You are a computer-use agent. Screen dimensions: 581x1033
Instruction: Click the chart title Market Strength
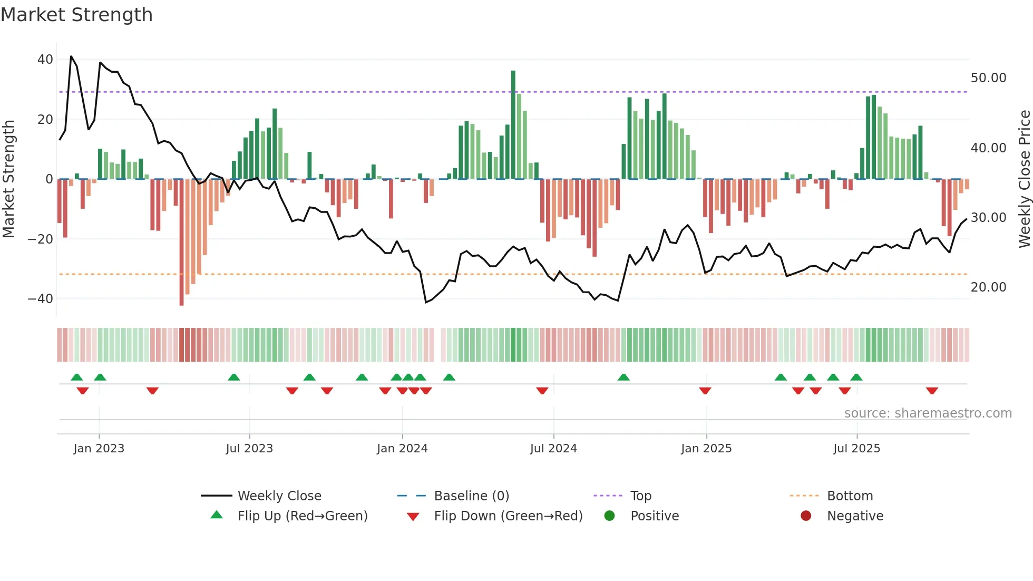point(76,15)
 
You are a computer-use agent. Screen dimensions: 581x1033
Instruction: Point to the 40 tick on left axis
point(45,60)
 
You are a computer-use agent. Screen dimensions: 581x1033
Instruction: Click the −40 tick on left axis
point(41,299)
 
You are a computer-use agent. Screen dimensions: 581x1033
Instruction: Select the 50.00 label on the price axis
point(988,78)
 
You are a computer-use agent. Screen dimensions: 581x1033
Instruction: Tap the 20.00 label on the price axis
point(988,287)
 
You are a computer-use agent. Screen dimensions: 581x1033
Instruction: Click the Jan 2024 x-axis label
point(402,449)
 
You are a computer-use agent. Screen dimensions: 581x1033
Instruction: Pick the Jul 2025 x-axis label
point(856,449)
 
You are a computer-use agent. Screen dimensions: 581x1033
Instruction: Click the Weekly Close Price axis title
point(1024,179)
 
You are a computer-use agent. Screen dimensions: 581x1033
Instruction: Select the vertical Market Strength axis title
point(8,179)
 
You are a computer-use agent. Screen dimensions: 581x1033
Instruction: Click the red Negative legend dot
point(806,516)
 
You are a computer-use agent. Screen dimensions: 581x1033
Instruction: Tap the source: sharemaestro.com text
point(928,413)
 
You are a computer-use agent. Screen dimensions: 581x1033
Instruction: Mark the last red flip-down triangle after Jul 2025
point(932,391)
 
